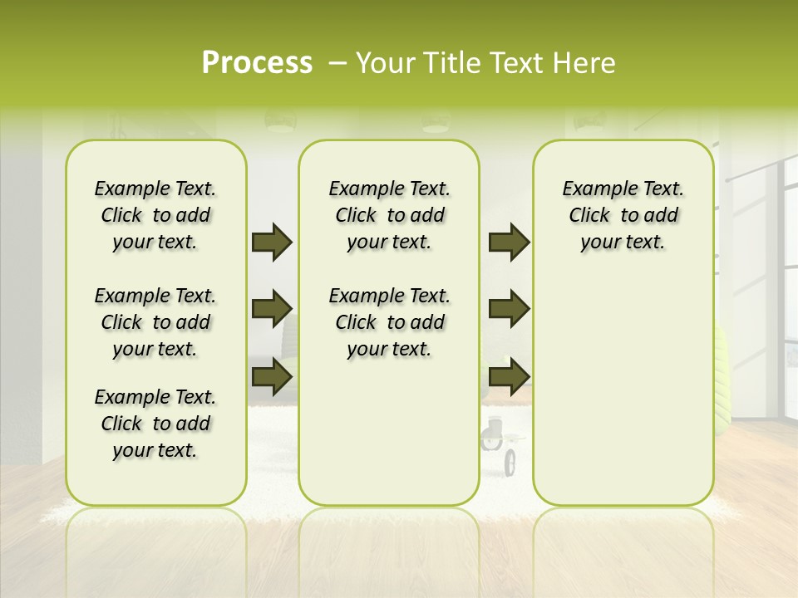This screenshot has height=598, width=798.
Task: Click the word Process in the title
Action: pyautogui.click(x=257, y=63)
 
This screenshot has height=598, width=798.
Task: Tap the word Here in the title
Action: pyautogui.click(x=586, y=63)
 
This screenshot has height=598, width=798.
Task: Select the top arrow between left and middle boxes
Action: pyautogui.click(x=272, y=243)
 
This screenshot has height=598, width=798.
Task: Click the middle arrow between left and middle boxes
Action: pyautogui.click(x=272, y=309)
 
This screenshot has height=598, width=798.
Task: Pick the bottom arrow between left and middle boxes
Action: pyautogui.click(x=272, y=376)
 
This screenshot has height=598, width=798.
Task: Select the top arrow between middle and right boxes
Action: pyautogui.click(x=509, y=243)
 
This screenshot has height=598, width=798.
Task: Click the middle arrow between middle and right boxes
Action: pyautogui.click(x=509, y=309)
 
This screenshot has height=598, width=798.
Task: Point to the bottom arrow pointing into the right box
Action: pyautogui.click(x=509, y=376)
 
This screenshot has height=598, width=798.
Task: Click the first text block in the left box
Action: pyautogui.click(x=155, y=215)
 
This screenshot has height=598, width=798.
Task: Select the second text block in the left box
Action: pyautogui.click(x=155, y=322)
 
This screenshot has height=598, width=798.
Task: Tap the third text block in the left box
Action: pyautogui.click(x=155, y=424)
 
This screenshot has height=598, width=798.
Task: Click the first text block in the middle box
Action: pyautogui.click(x=389, y=215)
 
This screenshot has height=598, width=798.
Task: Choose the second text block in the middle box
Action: pyautogui.click(x=389, y=322)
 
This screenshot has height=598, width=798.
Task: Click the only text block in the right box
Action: pyautogui.click(x=623, y=215)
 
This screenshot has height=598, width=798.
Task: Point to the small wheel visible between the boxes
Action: pyautogui.click(x=509, y=460)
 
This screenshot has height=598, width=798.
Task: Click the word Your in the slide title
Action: pyautogui.click(x=386, y=63)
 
